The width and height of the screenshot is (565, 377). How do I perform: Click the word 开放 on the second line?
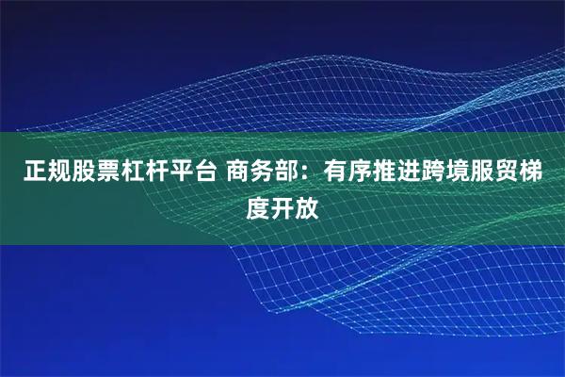[x=296, y=206]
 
